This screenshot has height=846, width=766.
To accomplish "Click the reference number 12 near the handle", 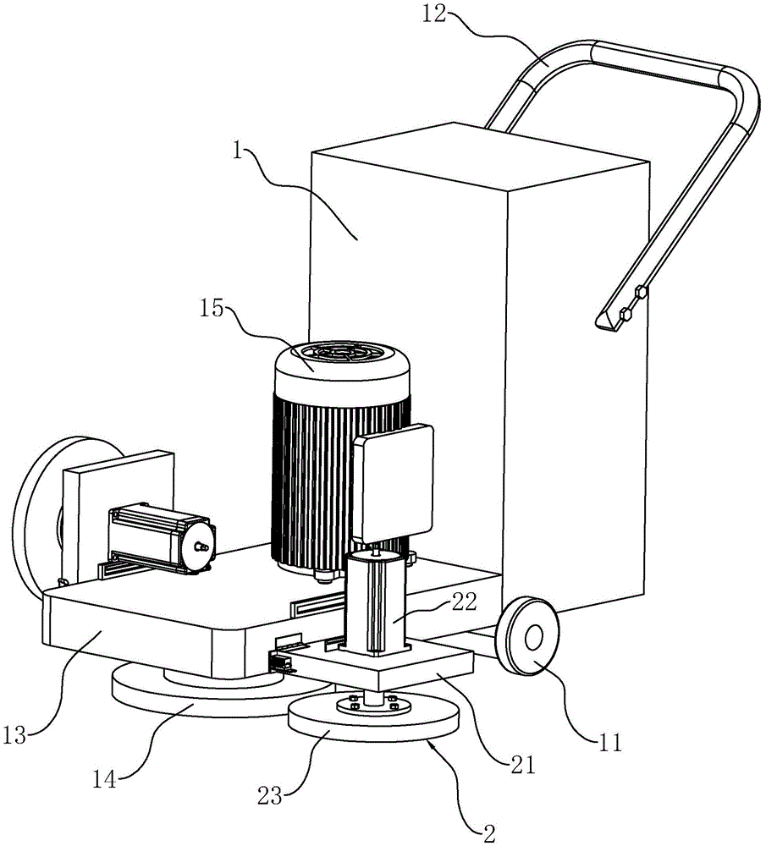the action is point(434,14).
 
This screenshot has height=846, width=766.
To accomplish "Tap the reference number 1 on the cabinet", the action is point(238,151).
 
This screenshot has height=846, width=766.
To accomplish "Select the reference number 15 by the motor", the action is point(212,309).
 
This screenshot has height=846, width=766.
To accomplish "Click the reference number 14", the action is point(104,779).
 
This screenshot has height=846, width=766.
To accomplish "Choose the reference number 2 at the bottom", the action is point(489,834).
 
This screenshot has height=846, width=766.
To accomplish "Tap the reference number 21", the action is point(522,765).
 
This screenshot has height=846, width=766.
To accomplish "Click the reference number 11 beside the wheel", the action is point(610,743).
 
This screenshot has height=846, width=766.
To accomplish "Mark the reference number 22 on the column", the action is point(464,602).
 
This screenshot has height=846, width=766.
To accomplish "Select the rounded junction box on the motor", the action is point(393,484).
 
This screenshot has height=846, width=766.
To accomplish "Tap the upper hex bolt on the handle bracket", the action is point(642,293).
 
